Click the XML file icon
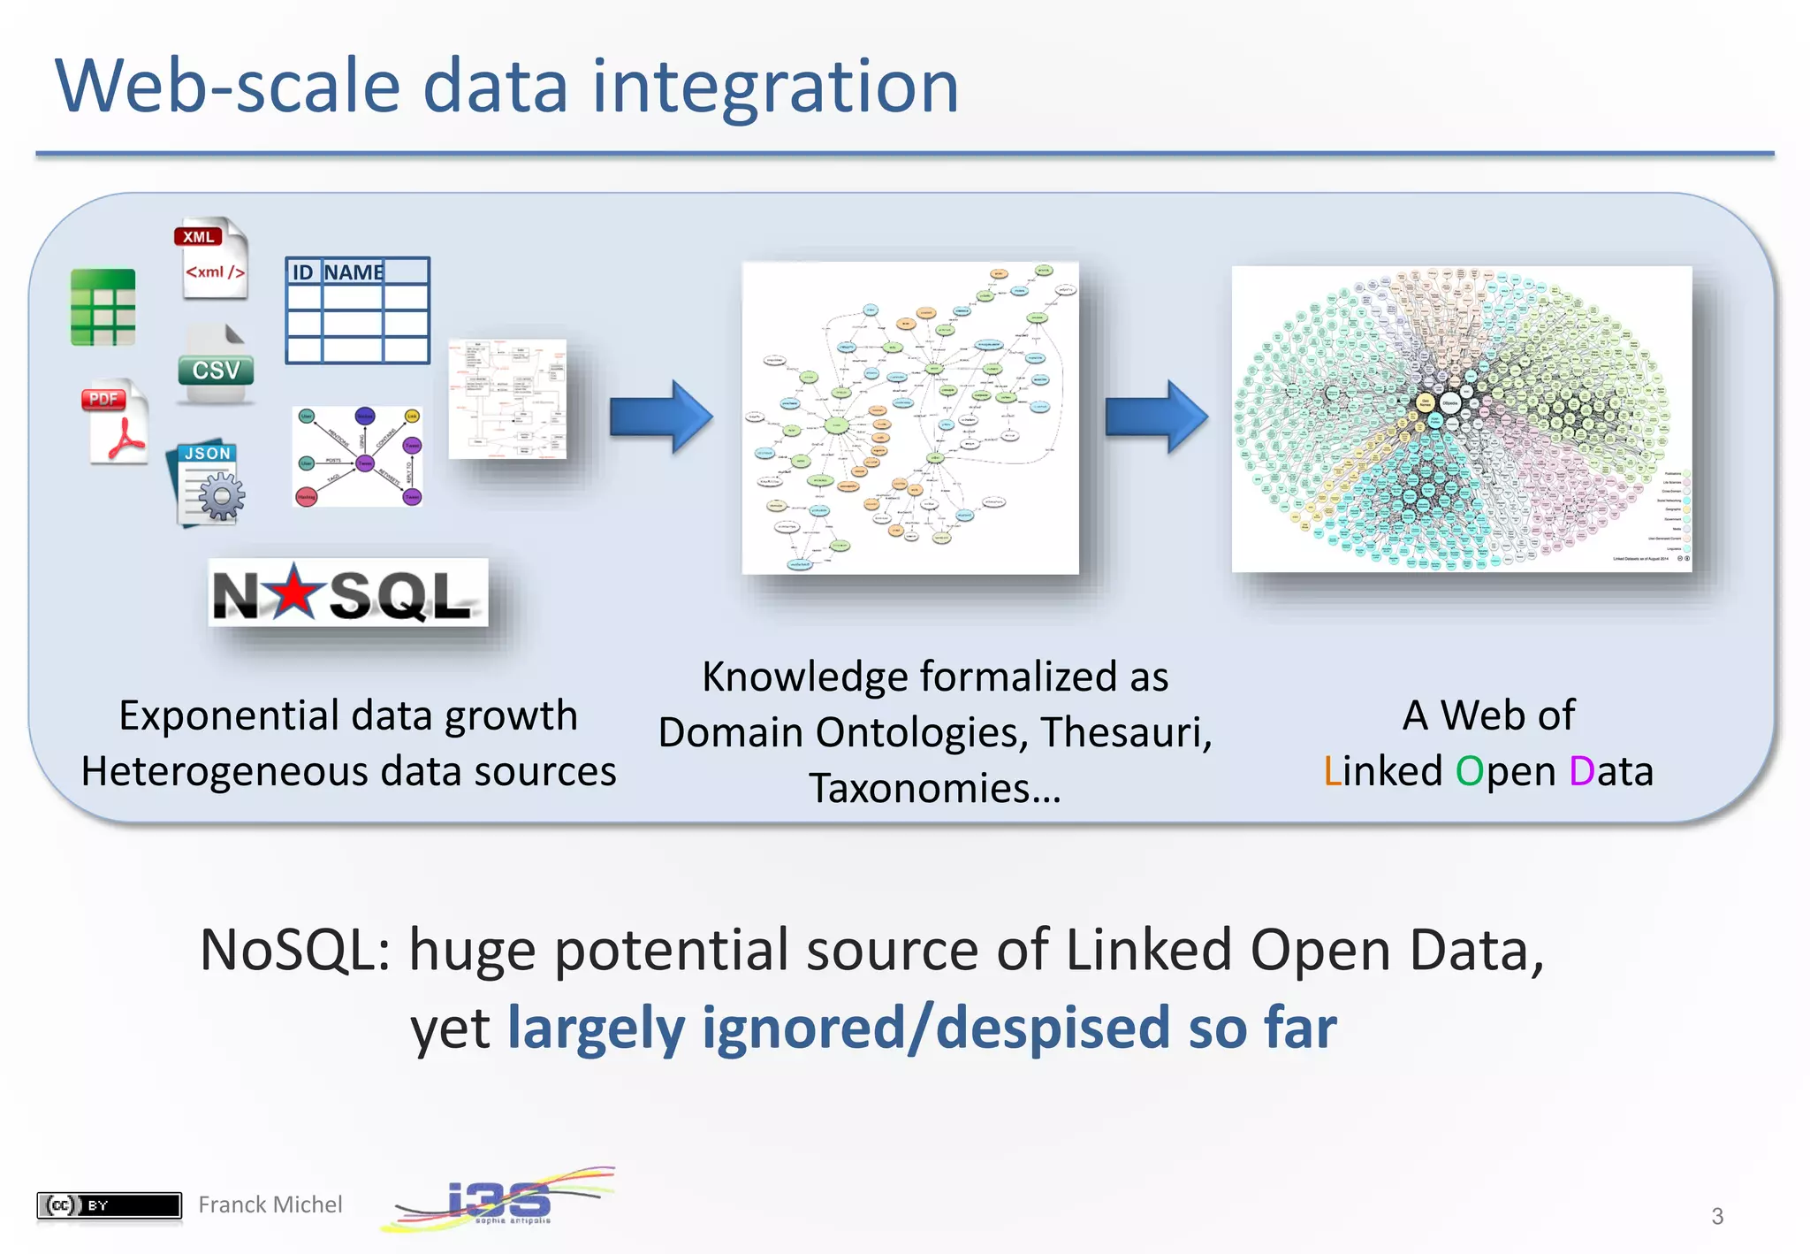[x=212, y=258]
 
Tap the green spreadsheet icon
[x=103, y=307]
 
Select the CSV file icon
[x=215, y=365]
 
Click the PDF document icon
[x=116, y=423]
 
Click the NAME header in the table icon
[x=353, y=272]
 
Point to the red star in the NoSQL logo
[x=294, y=592]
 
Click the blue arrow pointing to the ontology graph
[x=660, y=417]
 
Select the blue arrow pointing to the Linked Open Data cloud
[x=1156, y=417]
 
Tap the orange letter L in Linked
[x=1332, y=771]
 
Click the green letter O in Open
[x=1469, y=771]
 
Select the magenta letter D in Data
[x=1582, y=771]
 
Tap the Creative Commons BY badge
[x=109, y=1205]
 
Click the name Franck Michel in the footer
[x=270, y=1205]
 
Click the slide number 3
[x=1716, y=1217]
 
